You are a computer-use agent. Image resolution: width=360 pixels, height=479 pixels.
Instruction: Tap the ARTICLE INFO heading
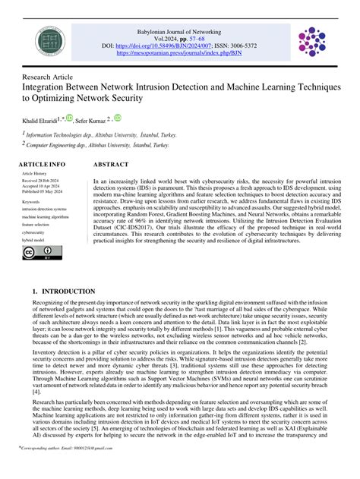[x=42, y=164]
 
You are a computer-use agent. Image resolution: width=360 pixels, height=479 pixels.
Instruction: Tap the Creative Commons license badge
[x=35, y=252]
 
